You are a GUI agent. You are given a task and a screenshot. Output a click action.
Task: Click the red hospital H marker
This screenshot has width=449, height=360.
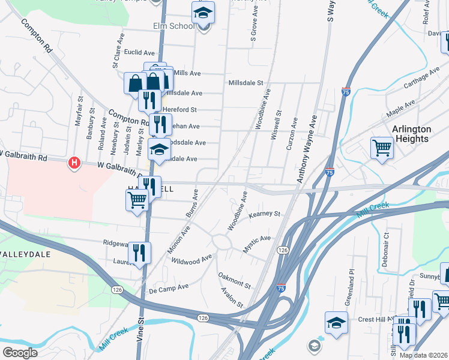click(74, 163)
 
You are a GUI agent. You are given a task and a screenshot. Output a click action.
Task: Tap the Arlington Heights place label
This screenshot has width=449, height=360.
click(411, 134)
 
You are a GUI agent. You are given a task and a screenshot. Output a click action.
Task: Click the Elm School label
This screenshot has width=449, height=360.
click(173, 26)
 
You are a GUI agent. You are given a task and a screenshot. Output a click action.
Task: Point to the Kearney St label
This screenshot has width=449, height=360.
click(265, 214)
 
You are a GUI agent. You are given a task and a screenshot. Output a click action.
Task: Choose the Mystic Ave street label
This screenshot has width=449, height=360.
click(257, 243)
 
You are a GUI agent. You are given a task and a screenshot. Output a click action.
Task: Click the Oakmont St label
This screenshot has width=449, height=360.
click(234, 280)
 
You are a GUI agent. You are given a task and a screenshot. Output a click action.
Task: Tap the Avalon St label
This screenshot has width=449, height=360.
click(232, 296)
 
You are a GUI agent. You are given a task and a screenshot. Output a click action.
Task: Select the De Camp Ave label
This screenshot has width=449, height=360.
click(168, 287)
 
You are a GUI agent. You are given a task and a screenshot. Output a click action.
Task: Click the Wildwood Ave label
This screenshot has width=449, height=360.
click(191, 260)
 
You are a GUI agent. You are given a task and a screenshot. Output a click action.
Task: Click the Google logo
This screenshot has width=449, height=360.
click(20, 352)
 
